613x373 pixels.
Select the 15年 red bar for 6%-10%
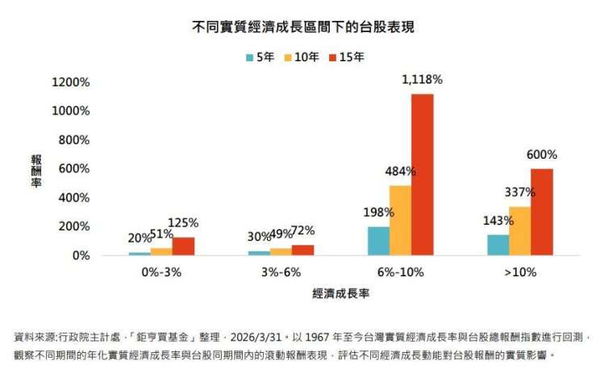[422, 175]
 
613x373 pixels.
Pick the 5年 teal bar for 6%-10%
[378, 241]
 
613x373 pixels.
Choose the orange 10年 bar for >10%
[519, 231]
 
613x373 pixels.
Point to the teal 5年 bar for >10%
[498, 245]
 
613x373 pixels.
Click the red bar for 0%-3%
[183, 247]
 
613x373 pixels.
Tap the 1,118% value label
[422, 80]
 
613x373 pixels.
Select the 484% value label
[401, 172]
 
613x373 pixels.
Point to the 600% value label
[542, 155]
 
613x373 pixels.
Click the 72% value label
[302, 231]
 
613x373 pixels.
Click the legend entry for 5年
[260, 57]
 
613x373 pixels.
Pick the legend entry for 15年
[344, 57]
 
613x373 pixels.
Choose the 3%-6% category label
[280, 272]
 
